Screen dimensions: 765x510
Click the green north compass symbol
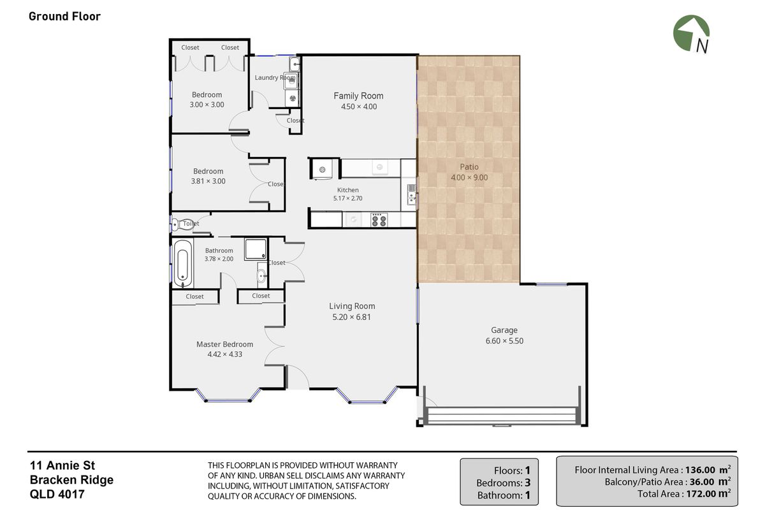pyautogui.click(x=690, y=33)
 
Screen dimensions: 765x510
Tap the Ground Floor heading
pyautogui.click(x=64, y=17)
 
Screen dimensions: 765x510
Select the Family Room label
pyautogui.click(x=358, y=96)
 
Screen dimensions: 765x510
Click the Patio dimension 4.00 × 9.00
pyautogui.click(x=469, y=177)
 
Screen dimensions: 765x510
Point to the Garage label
pyautogui.click(x=504, y=330)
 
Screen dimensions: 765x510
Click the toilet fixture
pyautogui.click(x=182, y=224)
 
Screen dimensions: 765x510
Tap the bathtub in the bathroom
pyautogui.click(x=183, y=263)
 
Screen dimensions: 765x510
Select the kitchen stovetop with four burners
pyautogui.click(x=379, y=220)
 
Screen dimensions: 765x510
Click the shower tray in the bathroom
pyautogui.click(x=256, y=249)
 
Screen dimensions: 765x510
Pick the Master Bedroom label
pyautogui.click(x=224, y=344)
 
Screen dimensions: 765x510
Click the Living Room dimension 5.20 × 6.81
pyautogui.click(x=351, y=317)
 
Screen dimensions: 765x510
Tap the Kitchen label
pyautogui.click(x=347, y=190)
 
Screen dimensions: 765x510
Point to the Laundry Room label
pyautogui.click(x=275, y=78)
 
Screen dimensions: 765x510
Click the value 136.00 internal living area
pyautogui.click(x=700, y=470)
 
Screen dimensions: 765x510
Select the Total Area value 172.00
pyautogui.click(x=701, y=493)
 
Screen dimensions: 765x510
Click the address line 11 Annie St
pyautogui.click(x=62, y=465)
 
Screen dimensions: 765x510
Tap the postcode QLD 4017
pyautogui.click(x=57, y=494)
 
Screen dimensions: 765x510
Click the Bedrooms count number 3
pyautogui.click(x=527, y=483)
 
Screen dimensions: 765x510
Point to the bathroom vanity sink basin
pyautogui.click(x=261, y=275)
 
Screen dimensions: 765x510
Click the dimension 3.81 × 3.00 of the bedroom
pyautogui.click(x=208, y=181)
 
